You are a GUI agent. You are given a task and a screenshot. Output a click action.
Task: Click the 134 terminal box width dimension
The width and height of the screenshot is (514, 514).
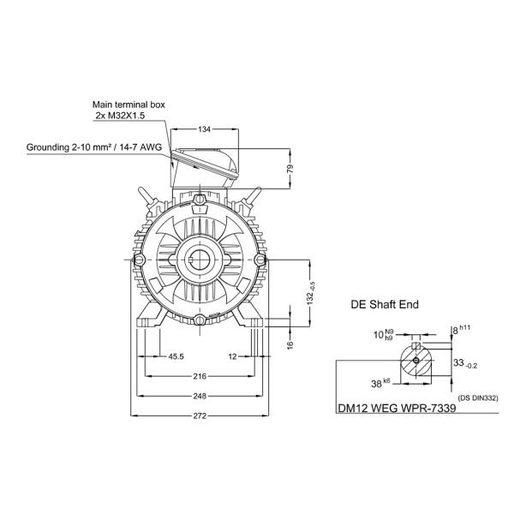click(204, 129)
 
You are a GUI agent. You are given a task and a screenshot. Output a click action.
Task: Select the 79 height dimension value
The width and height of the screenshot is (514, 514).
click(290, 169)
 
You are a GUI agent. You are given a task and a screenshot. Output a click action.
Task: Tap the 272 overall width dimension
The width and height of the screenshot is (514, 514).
click(200, 415)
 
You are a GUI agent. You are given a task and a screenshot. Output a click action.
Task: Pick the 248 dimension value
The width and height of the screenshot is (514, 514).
click(200, 396)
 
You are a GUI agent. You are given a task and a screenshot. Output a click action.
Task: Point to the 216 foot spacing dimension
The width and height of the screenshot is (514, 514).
click(200, 376)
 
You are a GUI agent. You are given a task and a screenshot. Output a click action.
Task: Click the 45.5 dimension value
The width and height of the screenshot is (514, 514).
click(176, 356)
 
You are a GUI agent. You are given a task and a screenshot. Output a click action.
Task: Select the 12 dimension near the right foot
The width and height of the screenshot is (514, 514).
click(232, 356)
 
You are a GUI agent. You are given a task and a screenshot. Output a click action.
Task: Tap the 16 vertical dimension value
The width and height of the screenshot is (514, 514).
click(290, 344)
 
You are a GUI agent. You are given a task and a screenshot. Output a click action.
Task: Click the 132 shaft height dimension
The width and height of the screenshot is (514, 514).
click(311, 293)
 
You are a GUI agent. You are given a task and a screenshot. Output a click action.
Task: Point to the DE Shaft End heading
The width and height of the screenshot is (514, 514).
click(385, 304)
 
